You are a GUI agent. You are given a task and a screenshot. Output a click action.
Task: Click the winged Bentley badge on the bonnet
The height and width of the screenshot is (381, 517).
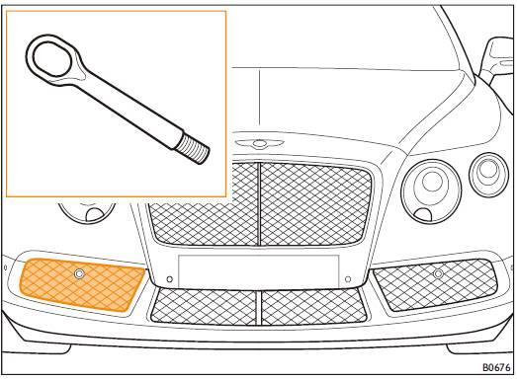(x=259, y=143)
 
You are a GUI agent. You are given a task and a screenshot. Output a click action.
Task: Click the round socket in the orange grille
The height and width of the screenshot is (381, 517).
(x=79, y=273)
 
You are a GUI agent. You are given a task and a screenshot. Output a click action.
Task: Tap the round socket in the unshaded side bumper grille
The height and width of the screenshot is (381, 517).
(x=438, y=273)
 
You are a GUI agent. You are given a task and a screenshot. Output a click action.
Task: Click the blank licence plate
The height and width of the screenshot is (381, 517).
(x=259, y=270)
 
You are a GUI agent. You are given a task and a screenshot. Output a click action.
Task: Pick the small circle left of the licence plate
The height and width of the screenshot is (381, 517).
(x=169, y=279)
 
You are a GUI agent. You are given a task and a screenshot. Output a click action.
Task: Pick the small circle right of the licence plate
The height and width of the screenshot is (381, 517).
(x=348, y=279)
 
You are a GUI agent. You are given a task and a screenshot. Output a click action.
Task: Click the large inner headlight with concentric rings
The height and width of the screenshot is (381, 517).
(x=431, y=191)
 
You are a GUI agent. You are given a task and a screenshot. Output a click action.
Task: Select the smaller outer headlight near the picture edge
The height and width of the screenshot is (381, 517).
(x=488, y=175)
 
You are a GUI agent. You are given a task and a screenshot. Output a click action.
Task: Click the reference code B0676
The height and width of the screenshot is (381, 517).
(x=496, y=367)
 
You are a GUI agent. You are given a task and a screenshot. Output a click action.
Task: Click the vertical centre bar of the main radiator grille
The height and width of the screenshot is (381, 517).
(x=259, y=204)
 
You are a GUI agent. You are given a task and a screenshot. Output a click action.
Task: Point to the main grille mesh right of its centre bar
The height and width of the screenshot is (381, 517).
(x=316, y=204)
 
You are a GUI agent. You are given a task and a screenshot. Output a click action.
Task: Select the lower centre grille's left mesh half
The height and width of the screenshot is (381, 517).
(x=204, y=306)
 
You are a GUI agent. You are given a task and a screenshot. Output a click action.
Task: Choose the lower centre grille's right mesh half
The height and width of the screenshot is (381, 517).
(x=314, y=307)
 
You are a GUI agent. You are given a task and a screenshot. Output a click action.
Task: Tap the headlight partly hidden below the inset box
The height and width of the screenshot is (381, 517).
(x=87, y=212)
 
